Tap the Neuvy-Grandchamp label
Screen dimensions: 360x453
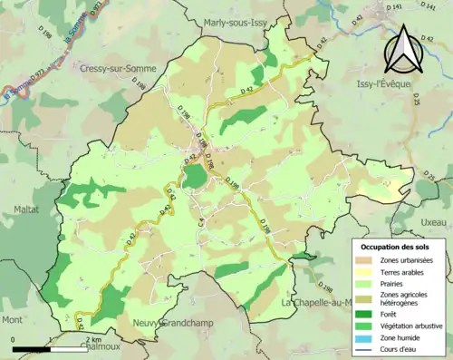click(x=172, y=321)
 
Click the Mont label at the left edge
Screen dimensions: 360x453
click(x=12, y=320)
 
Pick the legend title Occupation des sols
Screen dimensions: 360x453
click(x=397, y=247)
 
